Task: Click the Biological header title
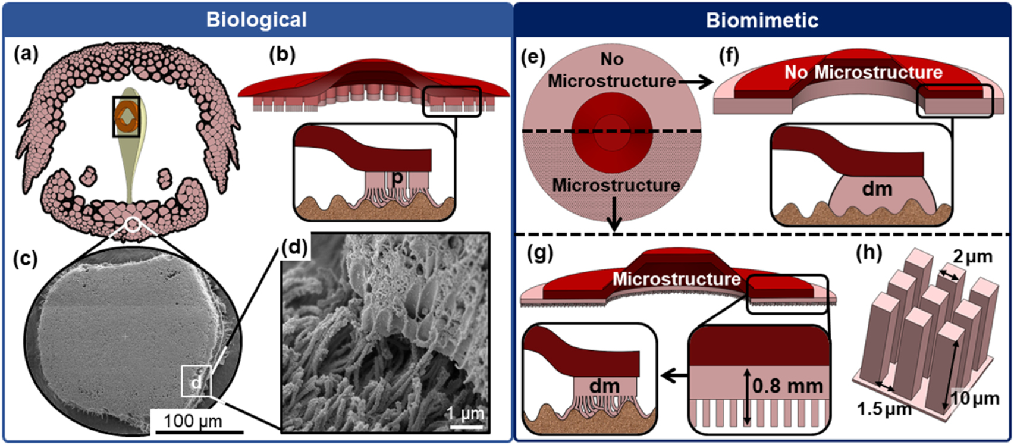coord(256,20)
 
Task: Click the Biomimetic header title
coord(762,20)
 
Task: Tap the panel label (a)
coord(26,55)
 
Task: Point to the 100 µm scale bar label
coord(193,421)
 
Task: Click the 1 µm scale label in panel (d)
coord(466,413)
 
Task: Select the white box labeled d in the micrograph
coord(196,381)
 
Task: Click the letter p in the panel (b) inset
coord(397,178)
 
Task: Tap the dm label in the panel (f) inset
coord(877,189)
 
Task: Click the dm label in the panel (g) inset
coord(604,386)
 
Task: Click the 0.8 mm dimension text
coord(787,386)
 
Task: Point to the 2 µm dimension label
coord(973,257)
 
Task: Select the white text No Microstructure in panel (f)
coord(863,73)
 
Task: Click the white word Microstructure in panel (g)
coord(676,278)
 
